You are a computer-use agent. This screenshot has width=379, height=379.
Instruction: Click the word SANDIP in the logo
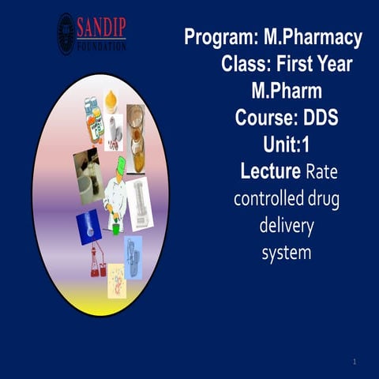tap(101, 29)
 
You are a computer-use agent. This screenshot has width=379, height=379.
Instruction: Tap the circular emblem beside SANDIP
tap(66, 34)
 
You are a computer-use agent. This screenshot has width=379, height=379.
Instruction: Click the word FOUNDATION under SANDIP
tap(101, 47)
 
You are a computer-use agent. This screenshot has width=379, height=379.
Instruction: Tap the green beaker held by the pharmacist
tap(115, 229)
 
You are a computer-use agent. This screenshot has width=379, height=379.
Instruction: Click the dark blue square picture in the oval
tap(88, 227)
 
